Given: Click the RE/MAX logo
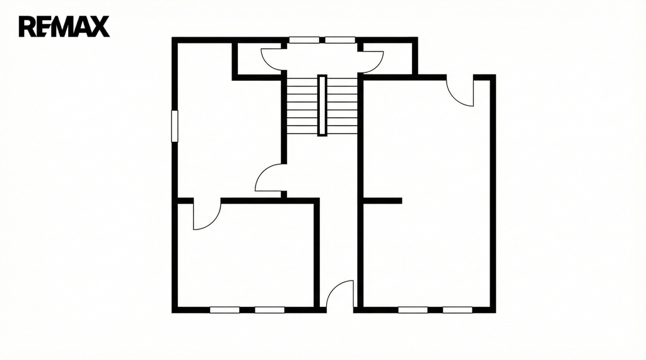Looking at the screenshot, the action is tap(64, 26).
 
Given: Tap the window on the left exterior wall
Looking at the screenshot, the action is tap(175, 126).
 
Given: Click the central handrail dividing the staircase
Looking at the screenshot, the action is tap(322, 105).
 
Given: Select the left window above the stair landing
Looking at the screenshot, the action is tap(304, 40).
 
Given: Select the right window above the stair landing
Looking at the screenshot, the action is tap(340, 40).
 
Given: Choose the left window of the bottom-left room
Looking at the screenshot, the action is tap(225, 310).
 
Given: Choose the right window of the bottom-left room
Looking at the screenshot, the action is tap(269, 310).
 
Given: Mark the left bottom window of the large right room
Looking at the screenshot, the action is tap(413, 310).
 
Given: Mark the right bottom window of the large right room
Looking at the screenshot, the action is tap(458, 310).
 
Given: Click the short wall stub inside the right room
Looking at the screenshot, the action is tap(382, 200).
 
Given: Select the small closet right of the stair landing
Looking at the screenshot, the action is tap(387, 58).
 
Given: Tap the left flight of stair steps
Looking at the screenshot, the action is tap(302, 106).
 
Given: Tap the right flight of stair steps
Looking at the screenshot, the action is tap(342, 106).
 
